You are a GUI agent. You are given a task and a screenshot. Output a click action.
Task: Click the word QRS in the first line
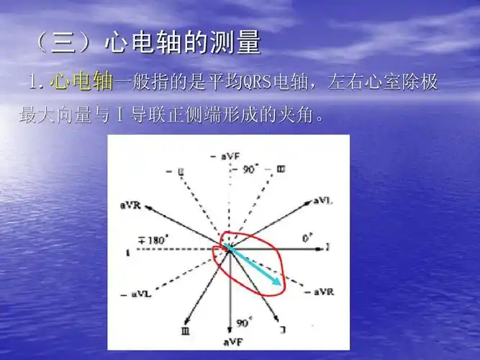tap(249, 84)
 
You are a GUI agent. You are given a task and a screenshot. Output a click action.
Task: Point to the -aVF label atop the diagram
tap(225, 156)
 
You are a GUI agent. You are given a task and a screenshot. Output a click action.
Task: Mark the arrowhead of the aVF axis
tap(230, 328)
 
